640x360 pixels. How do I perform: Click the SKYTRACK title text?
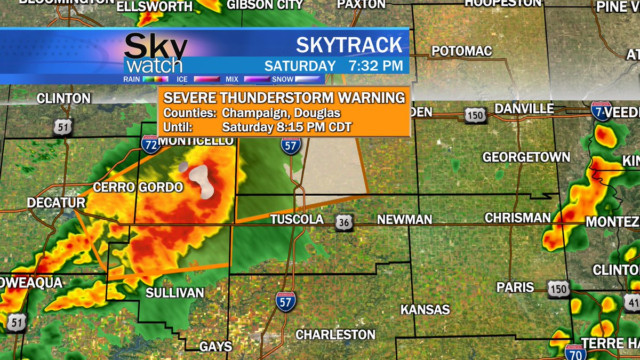pyautogui.click(x=349, y=45)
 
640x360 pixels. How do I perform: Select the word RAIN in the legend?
pyautogui.click(x=131, y=79)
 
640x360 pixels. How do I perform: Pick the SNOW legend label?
pyautogui.click(x=282, y=79)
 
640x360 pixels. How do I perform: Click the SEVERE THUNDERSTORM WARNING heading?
pyautogui.click(x=284, y=98)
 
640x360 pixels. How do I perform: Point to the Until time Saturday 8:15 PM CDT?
pyautogui.click(x=287, y=127)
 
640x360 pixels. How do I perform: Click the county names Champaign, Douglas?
pyautogui.click(x=281, y=113)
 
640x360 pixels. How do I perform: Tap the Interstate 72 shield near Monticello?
pyautogui.click(x=151, y=144)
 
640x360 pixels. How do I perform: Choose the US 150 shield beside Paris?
pyautogui.click(x=558, y=289)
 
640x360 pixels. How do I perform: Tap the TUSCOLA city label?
pyautogui.click(x=297, y=220)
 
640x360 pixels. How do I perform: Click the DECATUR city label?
pyautogui.click(x=56, y=203)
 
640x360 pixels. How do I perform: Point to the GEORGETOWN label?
pyautogui.click(x=526, y=157)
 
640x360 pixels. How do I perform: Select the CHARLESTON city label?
pyautogui.click(x=335, y=335)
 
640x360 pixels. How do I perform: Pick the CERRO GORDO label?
pyautogui.click(x=138, y=187)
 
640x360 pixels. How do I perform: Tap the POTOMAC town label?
pyautogui.click(x=461, y=51)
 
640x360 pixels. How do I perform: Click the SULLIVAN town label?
pyautogui.click(x=175, y=293)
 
